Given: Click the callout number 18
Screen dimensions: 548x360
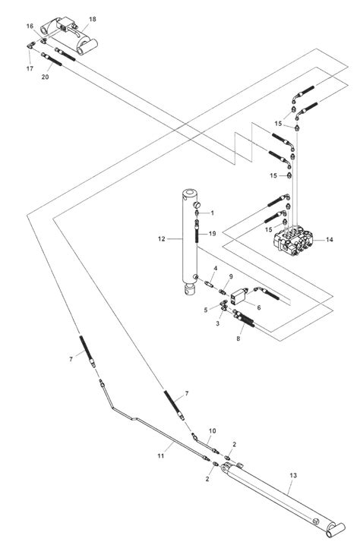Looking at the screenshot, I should coord(93,18).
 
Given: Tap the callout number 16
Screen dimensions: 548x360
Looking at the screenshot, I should coord(31,26).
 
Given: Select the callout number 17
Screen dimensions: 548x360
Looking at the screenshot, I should coord(31,69).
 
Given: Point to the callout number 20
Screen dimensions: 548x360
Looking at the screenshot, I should coord(46,77).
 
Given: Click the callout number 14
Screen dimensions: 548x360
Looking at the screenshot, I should coord(329,240).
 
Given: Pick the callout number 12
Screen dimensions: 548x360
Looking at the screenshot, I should coord(162,239).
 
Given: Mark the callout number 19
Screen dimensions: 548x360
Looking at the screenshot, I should coord(214,234).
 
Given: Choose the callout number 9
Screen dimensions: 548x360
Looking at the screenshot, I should coord(231,276).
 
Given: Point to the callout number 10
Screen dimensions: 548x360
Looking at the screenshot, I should coord(213,430).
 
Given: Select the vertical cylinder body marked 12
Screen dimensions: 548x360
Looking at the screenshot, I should coord(189,243).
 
